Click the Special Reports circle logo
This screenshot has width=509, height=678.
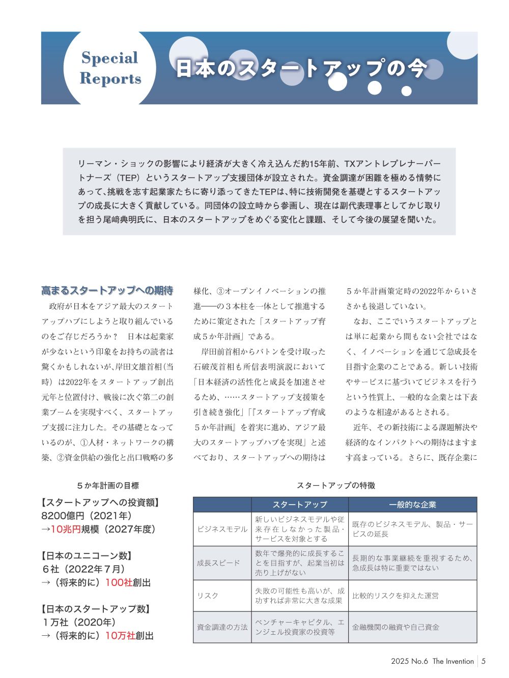pyautogui.click(x=109, y=68)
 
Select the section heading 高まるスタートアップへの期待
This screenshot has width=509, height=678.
pyautogui.click(x=107, y=290)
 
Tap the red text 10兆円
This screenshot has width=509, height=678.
pyautogui.click(x=66, y=529)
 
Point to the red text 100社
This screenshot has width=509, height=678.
pyautogui.click(x=119, y=582)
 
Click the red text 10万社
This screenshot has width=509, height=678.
pyautogui.click(x=120, y=636)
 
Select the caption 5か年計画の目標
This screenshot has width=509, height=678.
pyautogui.click(x=108, y=486)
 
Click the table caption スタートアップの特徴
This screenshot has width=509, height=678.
pyautogui.click(x=336, y=486)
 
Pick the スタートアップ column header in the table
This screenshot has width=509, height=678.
pyautogui.click(x=300, y=505)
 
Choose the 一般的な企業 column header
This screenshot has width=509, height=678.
pyautogui.click(x=412, y=505)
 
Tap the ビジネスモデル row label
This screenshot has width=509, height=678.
pyautogui.click(x=222, y=529)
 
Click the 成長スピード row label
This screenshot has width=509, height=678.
pyautogui.click(x=218, y=563)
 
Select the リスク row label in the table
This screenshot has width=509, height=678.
pyautogui.click(x=208, y=596)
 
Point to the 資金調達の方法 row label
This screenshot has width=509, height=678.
pyautogui.click(x=222, y=627)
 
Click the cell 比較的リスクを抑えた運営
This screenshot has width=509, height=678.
pyautogui.click(x=395, y=596)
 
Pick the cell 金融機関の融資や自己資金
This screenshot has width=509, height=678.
pyautogui.click(x=395, y=627)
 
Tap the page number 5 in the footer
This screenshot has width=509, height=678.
pyautogui.click(x=484, y=661)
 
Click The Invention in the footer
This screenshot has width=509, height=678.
pyautogui.click(x=453, y=661)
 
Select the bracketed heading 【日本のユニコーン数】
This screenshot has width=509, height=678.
pyautogui.click(x=87, y=556)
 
